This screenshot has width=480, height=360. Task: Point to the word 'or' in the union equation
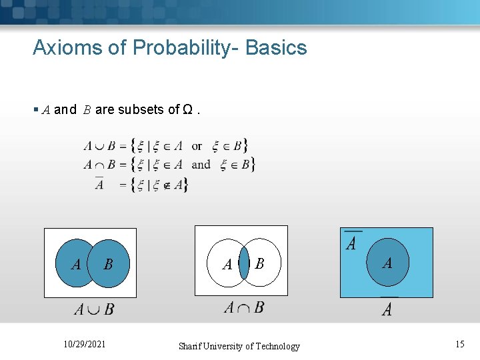tap(197, 146)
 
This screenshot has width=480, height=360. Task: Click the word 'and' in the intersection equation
tap(201, 164)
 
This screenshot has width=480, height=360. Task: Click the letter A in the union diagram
tap(76, 265)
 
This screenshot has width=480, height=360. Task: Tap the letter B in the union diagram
tap(108, 265)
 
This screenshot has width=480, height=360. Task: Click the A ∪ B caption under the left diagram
tap(93, 309)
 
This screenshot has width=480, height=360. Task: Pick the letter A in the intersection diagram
tap(227, 265)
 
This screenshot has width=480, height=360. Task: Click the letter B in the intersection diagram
tap(259, 264)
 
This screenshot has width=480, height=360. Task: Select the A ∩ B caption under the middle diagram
tap(243, 307)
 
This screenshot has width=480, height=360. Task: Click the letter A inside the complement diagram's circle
tap(387, 263)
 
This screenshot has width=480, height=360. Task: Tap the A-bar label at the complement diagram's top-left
tap(351, 241)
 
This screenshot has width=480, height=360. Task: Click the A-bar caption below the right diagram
tap(387, 307)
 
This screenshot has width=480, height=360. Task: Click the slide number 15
tap(459, 344)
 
